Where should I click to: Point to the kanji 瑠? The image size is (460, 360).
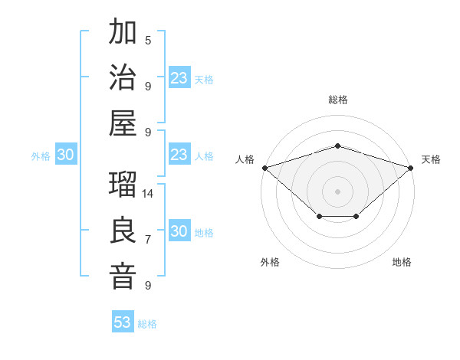click(123, 185)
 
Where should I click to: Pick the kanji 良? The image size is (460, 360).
click(123, 231)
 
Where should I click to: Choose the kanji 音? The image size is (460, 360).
click(123, 276)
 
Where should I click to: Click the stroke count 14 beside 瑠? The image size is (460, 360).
click(149, 194)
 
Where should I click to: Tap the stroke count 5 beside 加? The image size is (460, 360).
click(148, 41)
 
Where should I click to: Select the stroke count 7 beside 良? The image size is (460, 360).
click(148, 240)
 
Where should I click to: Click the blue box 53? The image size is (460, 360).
click(123, 322)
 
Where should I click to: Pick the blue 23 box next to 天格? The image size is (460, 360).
click(179, 78)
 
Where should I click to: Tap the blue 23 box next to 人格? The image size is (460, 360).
click(179, 155)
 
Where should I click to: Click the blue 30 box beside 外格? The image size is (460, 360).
click(65, 155)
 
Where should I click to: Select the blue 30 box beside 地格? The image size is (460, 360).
click(179, 231)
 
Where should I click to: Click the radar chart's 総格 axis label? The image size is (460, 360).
click(337, 100)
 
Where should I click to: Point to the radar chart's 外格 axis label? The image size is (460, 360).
click(270, 262)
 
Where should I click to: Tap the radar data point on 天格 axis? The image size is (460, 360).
click(411, 168)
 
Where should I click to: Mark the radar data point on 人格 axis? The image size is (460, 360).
click(264, 168)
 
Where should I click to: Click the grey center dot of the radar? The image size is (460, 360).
click(337, 191)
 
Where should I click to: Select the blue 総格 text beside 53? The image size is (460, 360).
click(147, 324)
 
